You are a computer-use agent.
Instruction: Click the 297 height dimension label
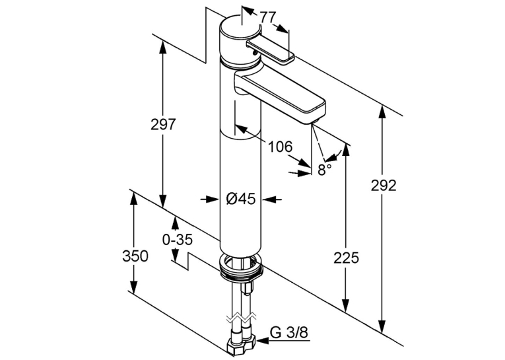coord(163,124)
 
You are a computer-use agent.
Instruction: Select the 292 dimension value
coord(384,186)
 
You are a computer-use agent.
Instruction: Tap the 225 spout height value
coord(346,258)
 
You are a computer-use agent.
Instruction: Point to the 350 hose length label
coord(135,256)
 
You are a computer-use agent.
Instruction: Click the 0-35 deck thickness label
coord(178,240)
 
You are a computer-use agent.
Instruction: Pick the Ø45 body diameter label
coord(240,199)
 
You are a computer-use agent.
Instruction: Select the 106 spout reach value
coord(281,147)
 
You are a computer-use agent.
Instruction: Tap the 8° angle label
coord(325,169)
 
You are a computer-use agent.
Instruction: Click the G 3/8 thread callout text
coord(289,332)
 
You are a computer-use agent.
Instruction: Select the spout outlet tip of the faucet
coord(314,121)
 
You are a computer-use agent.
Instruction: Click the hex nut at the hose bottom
coord(241,346)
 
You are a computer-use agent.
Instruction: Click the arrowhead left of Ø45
coord(213,199)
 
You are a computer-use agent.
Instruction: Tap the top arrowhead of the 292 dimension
coord(382,112)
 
